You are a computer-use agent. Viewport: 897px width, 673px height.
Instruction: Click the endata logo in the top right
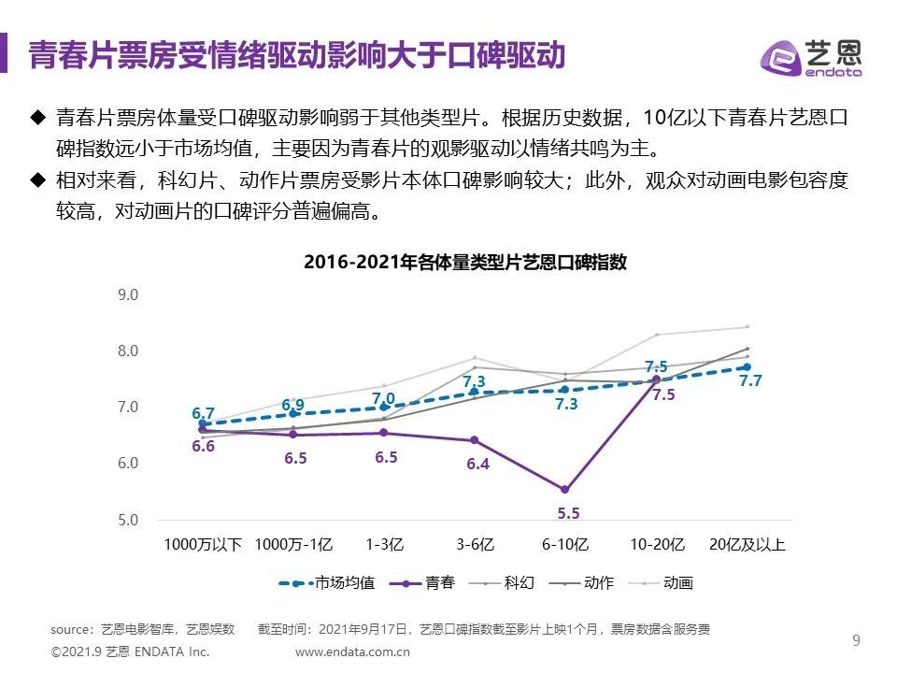[x=810, y=57]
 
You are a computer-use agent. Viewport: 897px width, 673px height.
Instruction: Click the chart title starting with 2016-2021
[x=465, y=263]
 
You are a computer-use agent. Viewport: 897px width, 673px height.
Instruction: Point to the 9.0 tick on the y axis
[x=128, y=295]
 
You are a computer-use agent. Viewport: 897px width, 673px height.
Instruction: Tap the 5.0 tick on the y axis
[x=128, y=520]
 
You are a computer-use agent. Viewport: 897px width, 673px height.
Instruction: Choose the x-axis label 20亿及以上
[x=747, y=545]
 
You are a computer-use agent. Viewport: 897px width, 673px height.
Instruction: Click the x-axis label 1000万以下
[x=203, y=545]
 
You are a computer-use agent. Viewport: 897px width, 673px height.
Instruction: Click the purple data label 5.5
[x=568, y=513]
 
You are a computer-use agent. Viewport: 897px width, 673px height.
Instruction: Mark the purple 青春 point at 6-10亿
[x=564, y=489]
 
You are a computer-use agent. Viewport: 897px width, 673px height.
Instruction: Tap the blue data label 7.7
[x=751, y=381]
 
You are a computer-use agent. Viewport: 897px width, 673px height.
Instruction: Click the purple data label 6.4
[x=477, y=464]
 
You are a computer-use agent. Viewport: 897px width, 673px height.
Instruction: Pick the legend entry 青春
[x=440, y=583]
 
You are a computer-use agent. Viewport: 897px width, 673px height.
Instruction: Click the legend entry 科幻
[x=519, y=583]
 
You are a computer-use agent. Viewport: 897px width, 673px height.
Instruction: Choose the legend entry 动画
[x=678, y=583]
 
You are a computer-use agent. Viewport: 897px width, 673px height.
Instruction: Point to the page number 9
[x=856, y=640]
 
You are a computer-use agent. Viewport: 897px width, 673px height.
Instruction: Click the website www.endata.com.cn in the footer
[x=353, y=651]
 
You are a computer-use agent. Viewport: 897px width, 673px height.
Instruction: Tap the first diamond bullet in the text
[x=38, y=119]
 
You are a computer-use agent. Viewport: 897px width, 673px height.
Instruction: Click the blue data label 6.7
[x=203, y=413]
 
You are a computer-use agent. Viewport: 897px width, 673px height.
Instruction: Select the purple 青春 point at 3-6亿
[x=474, y=440]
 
